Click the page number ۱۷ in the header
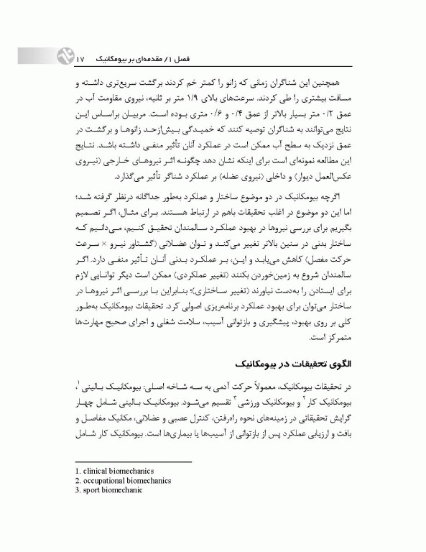[80, 55]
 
